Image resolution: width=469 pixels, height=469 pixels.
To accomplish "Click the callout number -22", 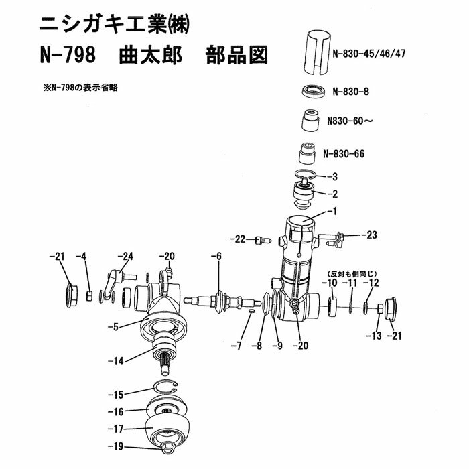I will click(239, 239).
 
